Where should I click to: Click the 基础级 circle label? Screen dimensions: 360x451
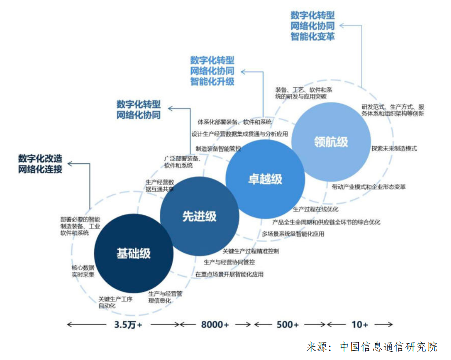click(x=134, y=254)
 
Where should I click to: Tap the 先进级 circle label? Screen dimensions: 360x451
click(x=199, y=217)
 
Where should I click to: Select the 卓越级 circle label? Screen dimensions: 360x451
click(x=265, y=179)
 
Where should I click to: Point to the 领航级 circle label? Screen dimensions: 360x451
click(x=331, y=142)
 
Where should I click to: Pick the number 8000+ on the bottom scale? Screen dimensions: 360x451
click(x=215, y=325)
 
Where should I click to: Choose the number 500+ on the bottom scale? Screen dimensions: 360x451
click(x=288, y=325)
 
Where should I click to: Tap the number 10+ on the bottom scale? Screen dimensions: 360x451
click(x=359, y=325)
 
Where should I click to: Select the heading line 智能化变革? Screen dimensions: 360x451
click(x=313, y=37)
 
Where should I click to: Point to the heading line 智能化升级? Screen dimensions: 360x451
click(x=212, y=81)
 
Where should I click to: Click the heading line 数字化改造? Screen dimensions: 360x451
click(x=40, y=159)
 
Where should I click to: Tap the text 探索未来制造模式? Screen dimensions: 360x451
click(x=394, y=148)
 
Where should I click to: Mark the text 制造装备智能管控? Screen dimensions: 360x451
click(x=218, y=148)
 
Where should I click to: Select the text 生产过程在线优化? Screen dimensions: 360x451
click(x=315, y=210)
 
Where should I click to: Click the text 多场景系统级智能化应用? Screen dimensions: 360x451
click(x=293, y=234)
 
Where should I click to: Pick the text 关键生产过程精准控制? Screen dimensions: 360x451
click(x=251, y=251)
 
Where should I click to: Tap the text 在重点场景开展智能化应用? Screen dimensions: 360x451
click(x=229, y=274)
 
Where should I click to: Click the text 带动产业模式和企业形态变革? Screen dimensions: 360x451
click(x=369, y=187)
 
